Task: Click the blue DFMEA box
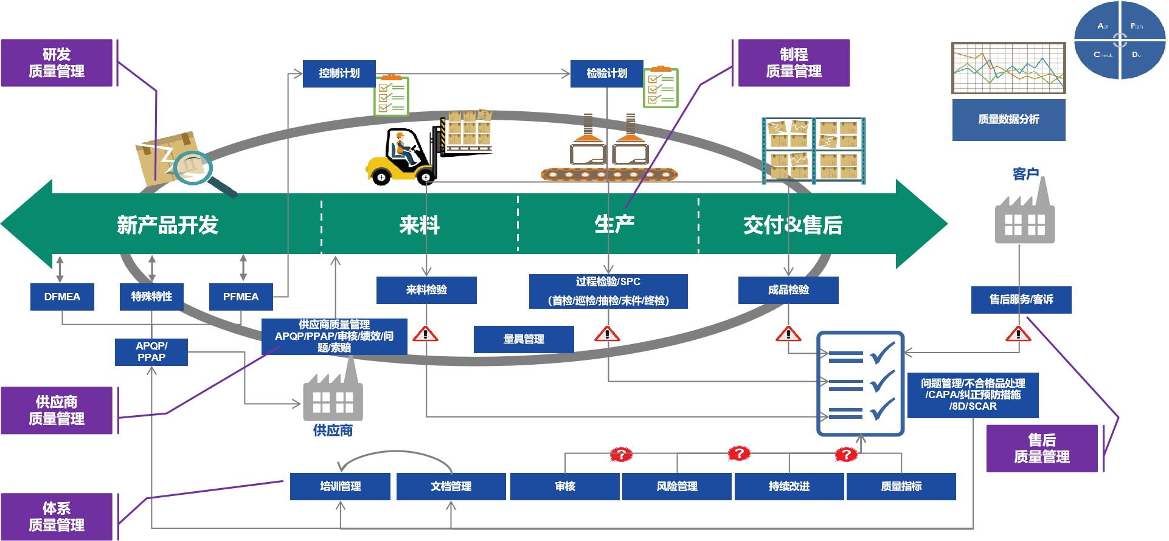pyautogui.click(x=62, y=297)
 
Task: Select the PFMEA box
pyautogui.click(x=241, y=297)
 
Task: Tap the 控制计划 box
pyautogui.click(x=339, y=74)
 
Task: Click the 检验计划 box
pyautogui.click(x=606, y=74)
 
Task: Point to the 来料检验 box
pyautogui.click(x=426, y=290)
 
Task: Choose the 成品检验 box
pyautogui.click(x=788, y=290)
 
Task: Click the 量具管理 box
pyautogui.click(x=524, y=339)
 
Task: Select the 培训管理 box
pyautogui.click(x=340, y=486)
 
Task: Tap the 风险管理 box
pyautogui.click(x=677, y=486)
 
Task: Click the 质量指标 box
pyautogui.click(x=901, y=486)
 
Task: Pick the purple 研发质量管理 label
pyautogui.click(x=57, y=63)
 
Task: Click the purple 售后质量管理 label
pyautogui.click(x=1041, y=449)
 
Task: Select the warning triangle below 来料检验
pyautogui.click(x=425, y=334)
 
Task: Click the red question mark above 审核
pyautogui.click(x=621, y=454)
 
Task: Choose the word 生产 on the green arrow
pyautogui.click(x=614, y=224)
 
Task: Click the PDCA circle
pyautogui.click(x=1120, y=40)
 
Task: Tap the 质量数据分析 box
pyautogui.click(x=1008, y=120)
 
